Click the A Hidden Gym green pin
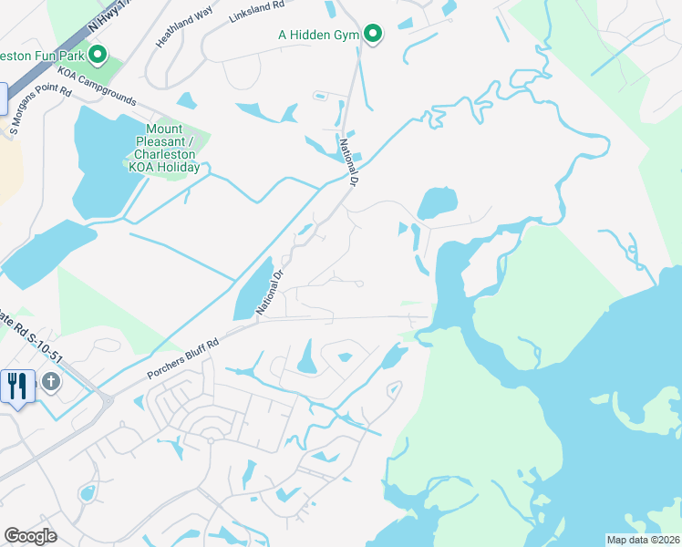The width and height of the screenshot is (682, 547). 373,34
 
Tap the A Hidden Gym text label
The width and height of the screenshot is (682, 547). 319,36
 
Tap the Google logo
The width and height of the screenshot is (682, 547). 30,535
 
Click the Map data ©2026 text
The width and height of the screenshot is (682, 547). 642,540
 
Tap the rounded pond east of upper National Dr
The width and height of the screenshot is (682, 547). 438,202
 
